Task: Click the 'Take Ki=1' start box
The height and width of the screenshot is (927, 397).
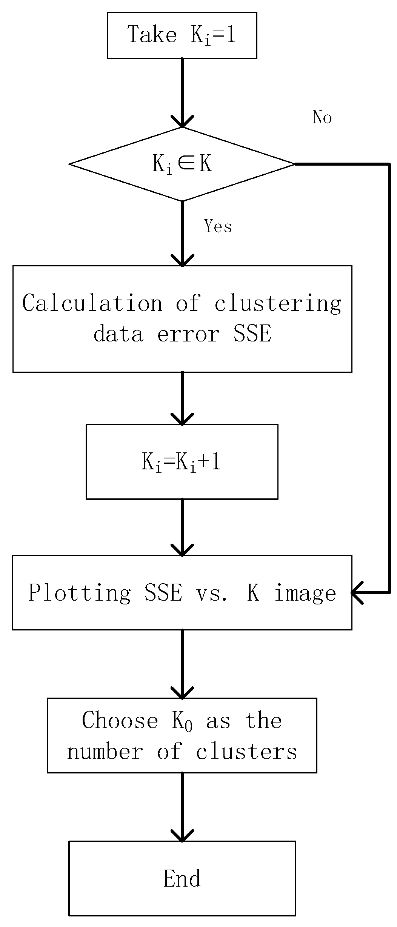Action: [x=182, y=35]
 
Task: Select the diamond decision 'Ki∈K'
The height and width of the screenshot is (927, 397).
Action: [x=182, y=164]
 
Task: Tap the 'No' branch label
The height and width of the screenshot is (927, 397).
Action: [x=322, y=117]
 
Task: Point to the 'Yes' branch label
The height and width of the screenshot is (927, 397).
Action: [x=218, y=226]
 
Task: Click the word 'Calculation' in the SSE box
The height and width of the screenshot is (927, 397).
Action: [x=92, y=303]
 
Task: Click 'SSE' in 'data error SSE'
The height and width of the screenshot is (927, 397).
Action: [x=252, y=334]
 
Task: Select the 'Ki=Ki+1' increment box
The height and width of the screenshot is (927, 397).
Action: [x=182, y=461]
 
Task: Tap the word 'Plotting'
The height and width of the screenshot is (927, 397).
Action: [x=80, y=593]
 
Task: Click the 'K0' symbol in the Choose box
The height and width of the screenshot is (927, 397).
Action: [x=183, y=721]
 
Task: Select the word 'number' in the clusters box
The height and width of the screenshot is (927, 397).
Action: [x=105, y=751]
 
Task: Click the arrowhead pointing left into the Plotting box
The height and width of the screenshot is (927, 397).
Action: [x=356, y=593]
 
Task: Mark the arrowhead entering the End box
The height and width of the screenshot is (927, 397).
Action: [x=182, y=834]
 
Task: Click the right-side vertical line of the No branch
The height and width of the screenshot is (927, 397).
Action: [x=389, y=377]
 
